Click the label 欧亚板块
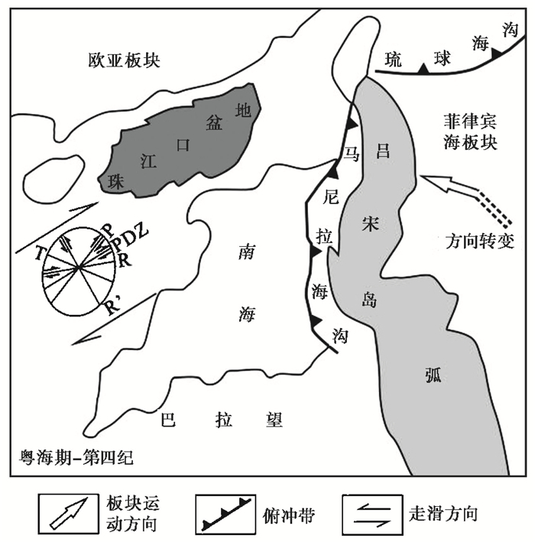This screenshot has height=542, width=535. click(123, 61)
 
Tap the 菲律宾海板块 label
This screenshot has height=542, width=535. click(469, 131)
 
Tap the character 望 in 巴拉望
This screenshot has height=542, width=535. click(274, 419)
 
